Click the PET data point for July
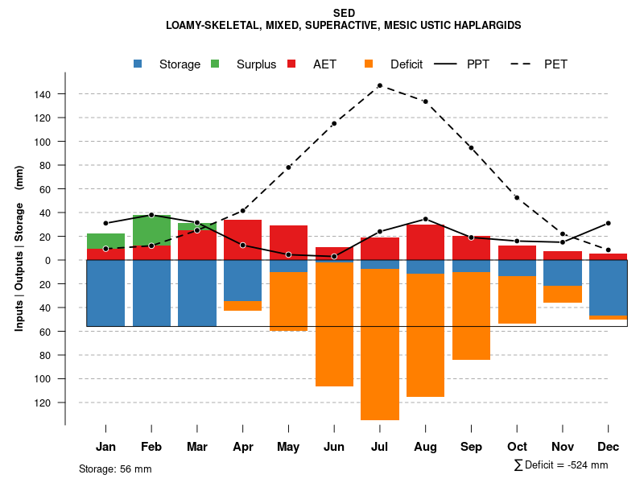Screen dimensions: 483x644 (379, 85)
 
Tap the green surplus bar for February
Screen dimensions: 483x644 (151, 230)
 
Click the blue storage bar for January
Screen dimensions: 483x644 (105, 293)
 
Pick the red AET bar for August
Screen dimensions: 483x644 (425, 242)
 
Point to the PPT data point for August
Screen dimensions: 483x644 (425, 219)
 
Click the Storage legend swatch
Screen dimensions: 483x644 (138, 64)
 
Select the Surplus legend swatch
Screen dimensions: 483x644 (215, 64)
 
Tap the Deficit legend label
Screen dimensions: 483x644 (407, 64)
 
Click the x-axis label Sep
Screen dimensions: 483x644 (471, 447)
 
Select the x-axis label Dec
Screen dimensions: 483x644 (608, 447)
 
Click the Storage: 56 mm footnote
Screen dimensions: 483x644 (115, 469)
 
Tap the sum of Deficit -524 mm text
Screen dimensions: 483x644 (560, 465)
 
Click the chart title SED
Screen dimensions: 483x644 (344, 13)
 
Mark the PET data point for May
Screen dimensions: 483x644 (288, 167)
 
